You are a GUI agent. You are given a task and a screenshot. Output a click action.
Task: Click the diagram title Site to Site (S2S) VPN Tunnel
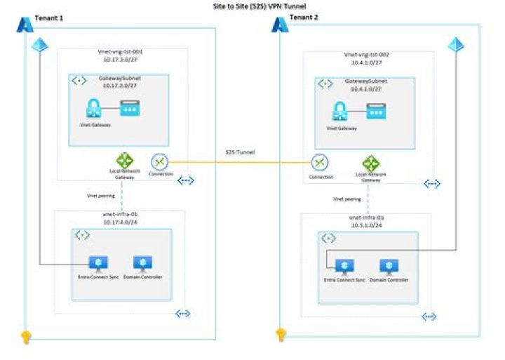tap(253, 6)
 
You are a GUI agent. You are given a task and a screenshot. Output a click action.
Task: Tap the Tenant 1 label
tap(49, 18)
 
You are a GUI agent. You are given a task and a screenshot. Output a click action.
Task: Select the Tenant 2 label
tap(304, 18)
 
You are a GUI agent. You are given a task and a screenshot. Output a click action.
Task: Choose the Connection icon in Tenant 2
tap(321, 163)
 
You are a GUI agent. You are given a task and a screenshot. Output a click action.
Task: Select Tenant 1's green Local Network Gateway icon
tap(124, 161)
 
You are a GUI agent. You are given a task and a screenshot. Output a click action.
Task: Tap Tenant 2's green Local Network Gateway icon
tap(371, 164)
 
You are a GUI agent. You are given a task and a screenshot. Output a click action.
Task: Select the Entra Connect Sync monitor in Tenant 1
tap(97, 263)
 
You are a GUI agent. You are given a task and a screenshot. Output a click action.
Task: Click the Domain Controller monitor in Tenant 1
tap(143, 263)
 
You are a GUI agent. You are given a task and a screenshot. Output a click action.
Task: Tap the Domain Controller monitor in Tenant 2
tap(389, 266)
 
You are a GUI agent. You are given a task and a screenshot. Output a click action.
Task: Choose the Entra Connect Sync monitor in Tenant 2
tap(344, 266)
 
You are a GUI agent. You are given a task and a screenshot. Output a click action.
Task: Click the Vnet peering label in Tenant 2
tap(347, 199)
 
